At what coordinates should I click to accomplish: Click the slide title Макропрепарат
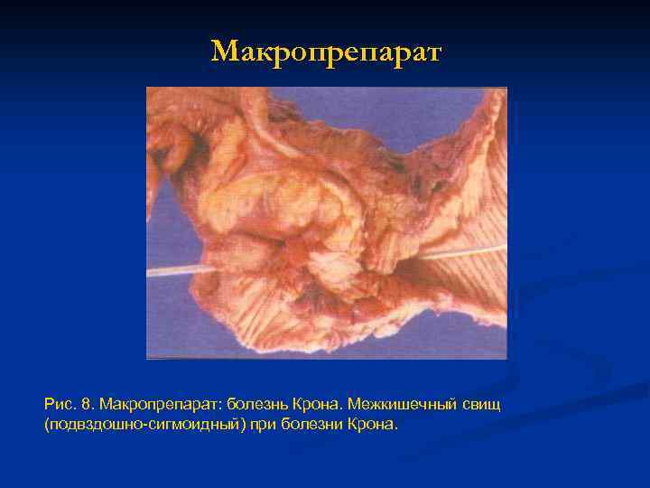pyautogui.click(x=326, y=52)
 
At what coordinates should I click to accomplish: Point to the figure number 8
pyautogui.click(x=88, y=401)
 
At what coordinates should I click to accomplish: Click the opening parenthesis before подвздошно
pyautogui.click(x=46, y=424)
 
